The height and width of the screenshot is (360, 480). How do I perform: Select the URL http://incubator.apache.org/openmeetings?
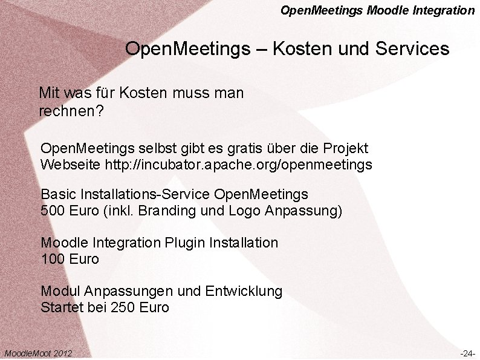(x=238, y=164)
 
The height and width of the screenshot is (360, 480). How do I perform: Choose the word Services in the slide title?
(x=412, y=48)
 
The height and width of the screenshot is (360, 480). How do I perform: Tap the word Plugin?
(x=184, y=243)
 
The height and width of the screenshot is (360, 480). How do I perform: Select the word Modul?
(x=59, y=292)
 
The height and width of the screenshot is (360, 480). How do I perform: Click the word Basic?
(x=57, y=195)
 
